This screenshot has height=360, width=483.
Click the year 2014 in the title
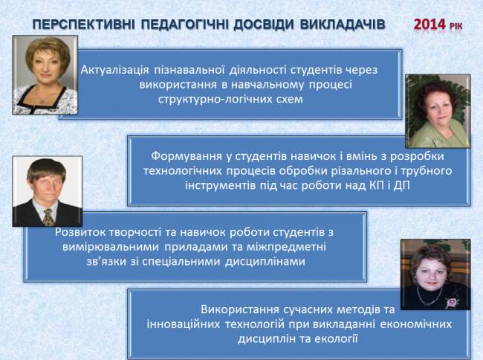click(429, 25)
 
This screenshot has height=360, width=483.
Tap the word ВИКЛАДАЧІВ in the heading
click(343, 25)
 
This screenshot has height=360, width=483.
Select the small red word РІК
click(456, 27)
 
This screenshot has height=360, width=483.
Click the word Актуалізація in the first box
click(115, 70)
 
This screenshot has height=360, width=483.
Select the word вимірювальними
click(111, 247)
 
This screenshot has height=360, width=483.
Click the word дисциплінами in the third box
click(265, 262)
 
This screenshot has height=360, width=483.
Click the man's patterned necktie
click(48, 217)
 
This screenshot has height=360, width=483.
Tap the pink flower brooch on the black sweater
click(451, 303)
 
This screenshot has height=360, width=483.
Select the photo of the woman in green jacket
click(438, 111)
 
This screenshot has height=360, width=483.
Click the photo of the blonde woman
click(45, 75)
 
